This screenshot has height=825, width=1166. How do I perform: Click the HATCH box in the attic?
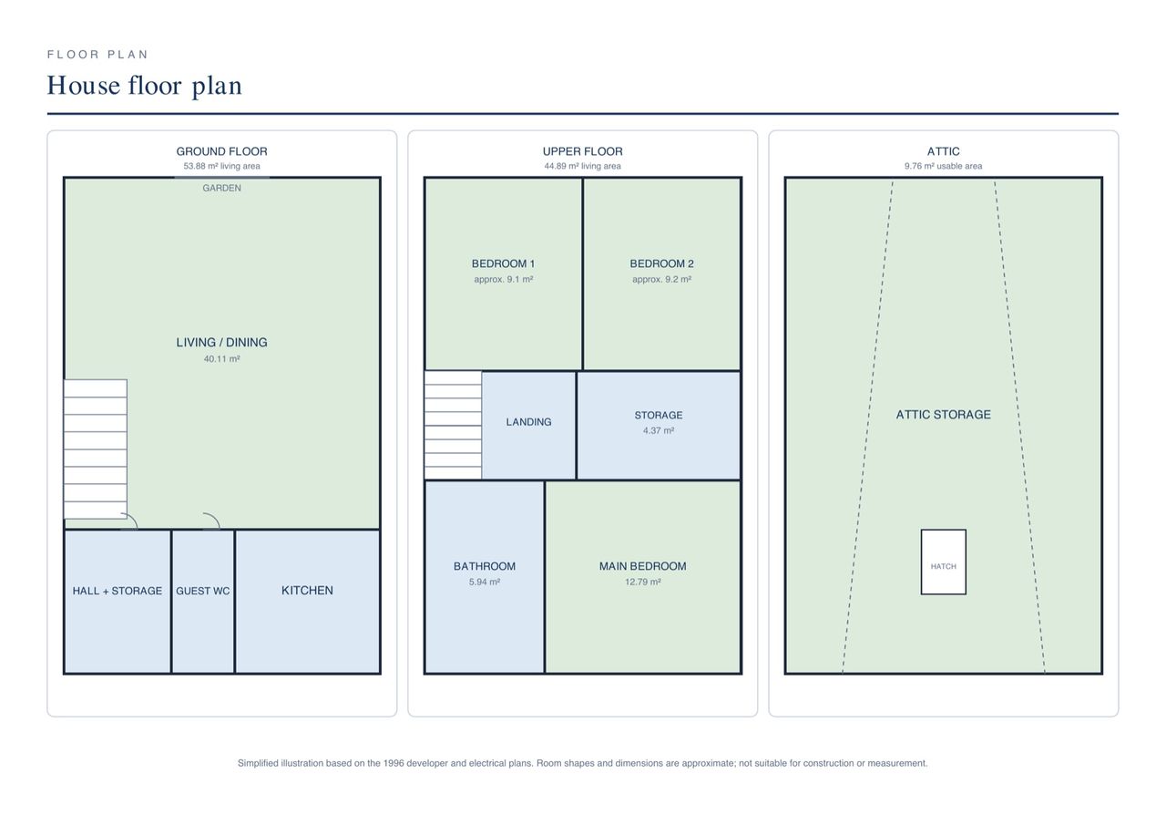[943, 562]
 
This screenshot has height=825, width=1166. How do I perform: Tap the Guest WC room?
[203, 602]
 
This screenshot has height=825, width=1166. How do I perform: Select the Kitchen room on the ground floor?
[307, 602]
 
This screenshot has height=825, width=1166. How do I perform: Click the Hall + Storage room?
[118, 602]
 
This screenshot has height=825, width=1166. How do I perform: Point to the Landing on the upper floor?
[528, 425]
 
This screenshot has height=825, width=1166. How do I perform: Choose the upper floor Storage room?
[659, 425]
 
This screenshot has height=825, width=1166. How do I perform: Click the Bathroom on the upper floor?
[485, 577]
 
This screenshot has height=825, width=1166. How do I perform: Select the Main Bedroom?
[643, 577]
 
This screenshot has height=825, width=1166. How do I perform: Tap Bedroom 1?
[504, 274]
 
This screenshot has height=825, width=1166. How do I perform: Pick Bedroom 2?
[661, 274]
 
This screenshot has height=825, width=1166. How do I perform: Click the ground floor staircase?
[96, 449]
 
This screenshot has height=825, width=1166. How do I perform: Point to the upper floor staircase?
[453, 425]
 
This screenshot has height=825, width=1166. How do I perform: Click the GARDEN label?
[221, 188]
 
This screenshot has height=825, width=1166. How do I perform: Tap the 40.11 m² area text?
[221, 359]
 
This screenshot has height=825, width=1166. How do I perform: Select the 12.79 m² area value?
[643, 582]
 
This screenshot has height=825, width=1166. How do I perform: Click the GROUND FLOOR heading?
[221, 151]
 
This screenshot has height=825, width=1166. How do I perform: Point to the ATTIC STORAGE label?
[943, 415]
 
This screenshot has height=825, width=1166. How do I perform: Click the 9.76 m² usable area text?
[943, 166]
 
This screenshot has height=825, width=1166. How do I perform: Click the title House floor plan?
[145, 86]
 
